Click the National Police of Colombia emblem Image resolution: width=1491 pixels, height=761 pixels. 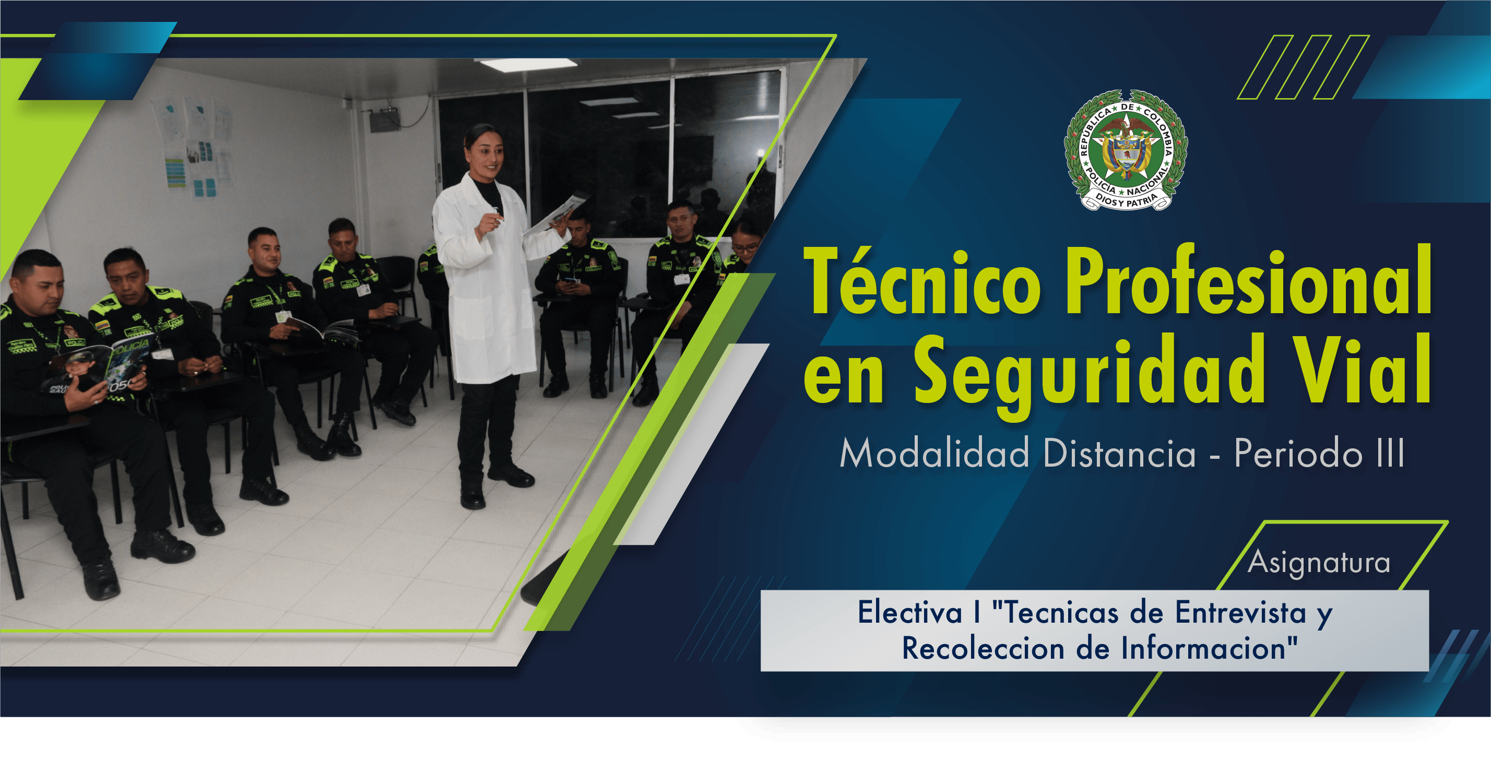pyautogui.click(x=1126, y=149)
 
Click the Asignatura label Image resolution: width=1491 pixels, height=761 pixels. pyautogui.click(x=1319, y=563)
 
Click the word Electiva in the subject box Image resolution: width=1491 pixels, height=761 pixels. pyautogui.click(x=909, y=612)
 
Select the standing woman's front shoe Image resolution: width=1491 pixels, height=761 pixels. pyautogui.click(x=472, y=498)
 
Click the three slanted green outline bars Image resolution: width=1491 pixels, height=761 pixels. pyautogui.click(x=1303, y=67)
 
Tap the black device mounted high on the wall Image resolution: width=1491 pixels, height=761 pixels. pyautogui.click(x=385, y=121)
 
